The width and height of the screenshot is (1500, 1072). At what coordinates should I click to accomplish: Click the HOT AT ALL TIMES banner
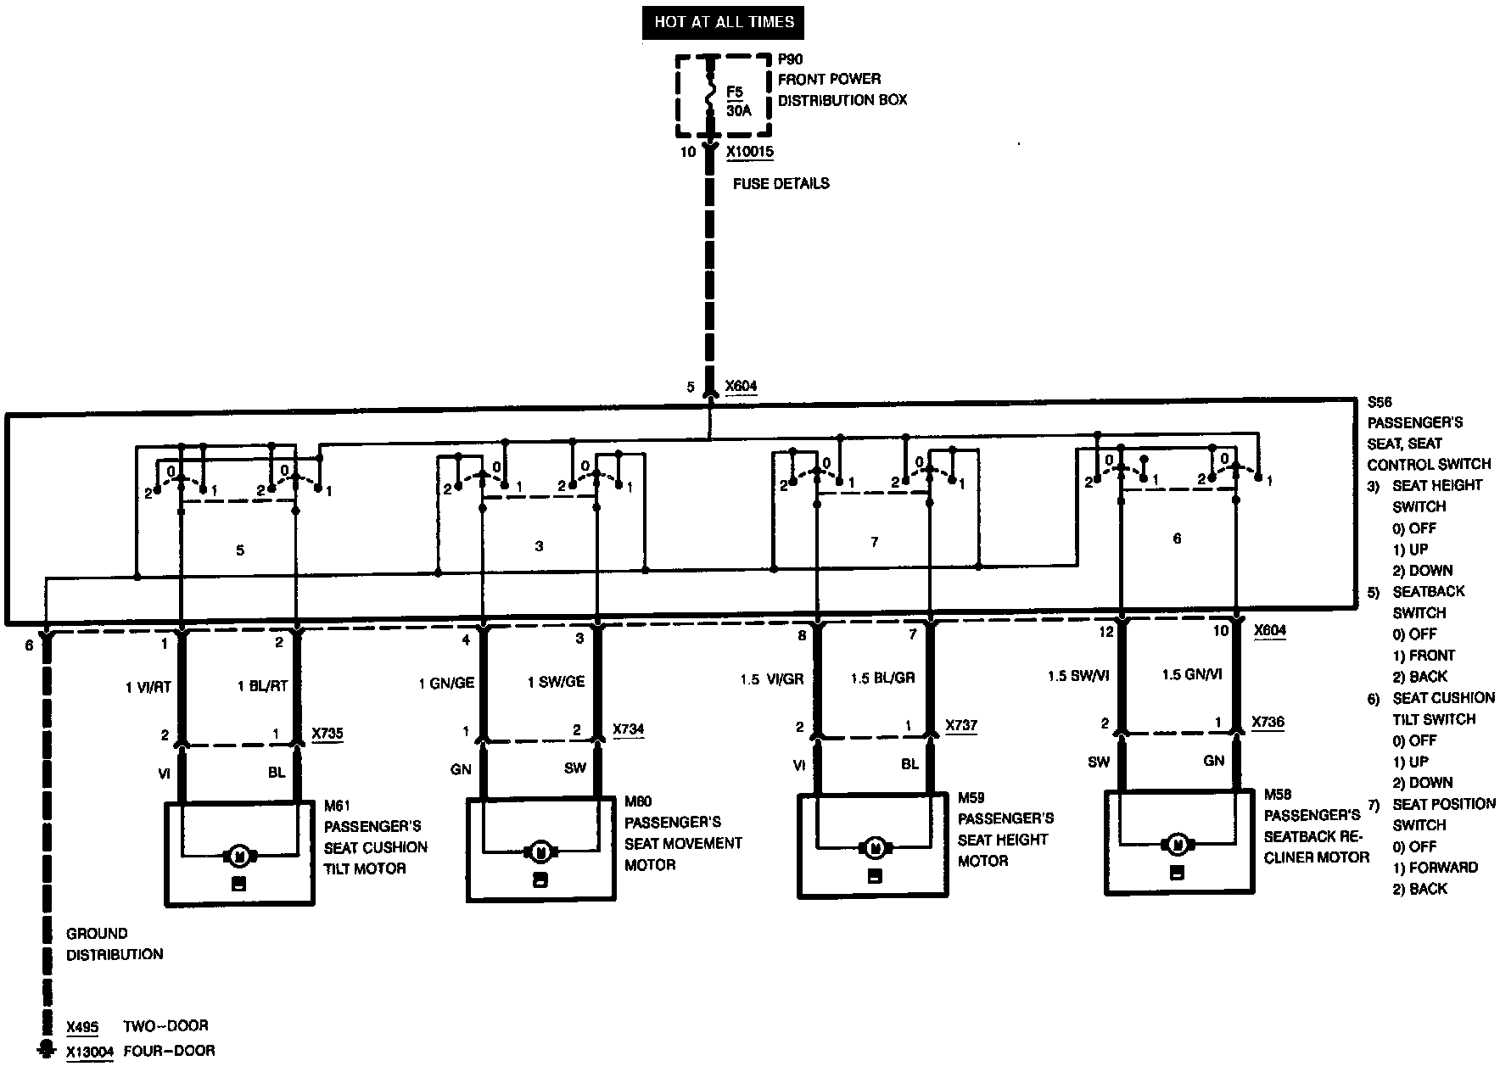click(724, 22)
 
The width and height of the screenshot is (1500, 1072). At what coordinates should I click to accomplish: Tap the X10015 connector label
click(749, 152)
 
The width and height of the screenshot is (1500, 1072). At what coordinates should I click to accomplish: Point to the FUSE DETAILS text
click(781, 183)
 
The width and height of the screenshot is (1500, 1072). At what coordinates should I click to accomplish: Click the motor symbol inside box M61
click(238, 855)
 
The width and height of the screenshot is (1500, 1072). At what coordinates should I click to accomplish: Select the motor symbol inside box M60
click(539, 851)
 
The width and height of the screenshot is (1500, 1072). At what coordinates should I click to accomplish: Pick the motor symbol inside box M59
click(875, 846)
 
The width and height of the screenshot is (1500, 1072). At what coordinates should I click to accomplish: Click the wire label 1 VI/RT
click(148, 686)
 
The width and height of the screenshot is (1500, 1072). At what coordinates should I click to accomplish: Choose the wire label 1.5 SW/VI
click(1078, 676)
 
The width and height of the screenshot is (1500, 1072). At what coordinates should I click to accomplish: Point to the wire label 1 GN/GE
click(446, 682)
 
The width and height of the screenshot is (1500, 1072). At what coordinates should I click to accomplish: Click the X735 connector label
click(327, 734)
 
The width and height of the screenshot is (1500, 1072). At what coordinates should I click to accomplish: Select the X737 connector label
click(961, 726)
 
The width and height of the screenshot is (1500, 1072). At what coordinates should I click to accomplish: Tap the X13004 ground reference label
click(89, 1051)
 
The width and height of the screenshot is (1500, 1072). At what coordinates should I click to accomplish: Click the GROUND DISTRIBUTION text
click(115, 944)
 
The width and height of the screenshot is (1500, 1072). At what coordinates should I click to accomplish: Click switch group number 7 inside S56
click(875, 542)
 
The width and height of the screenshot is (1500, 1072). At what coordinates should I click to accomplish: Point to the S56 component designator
click(1380, 402)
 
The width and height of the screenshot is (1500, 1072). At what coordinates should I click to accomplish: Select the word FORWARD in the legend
click(1443, 868)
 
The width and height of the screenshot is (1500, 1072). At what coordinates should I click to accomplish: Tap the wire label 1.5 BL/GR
click(882, 678)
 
